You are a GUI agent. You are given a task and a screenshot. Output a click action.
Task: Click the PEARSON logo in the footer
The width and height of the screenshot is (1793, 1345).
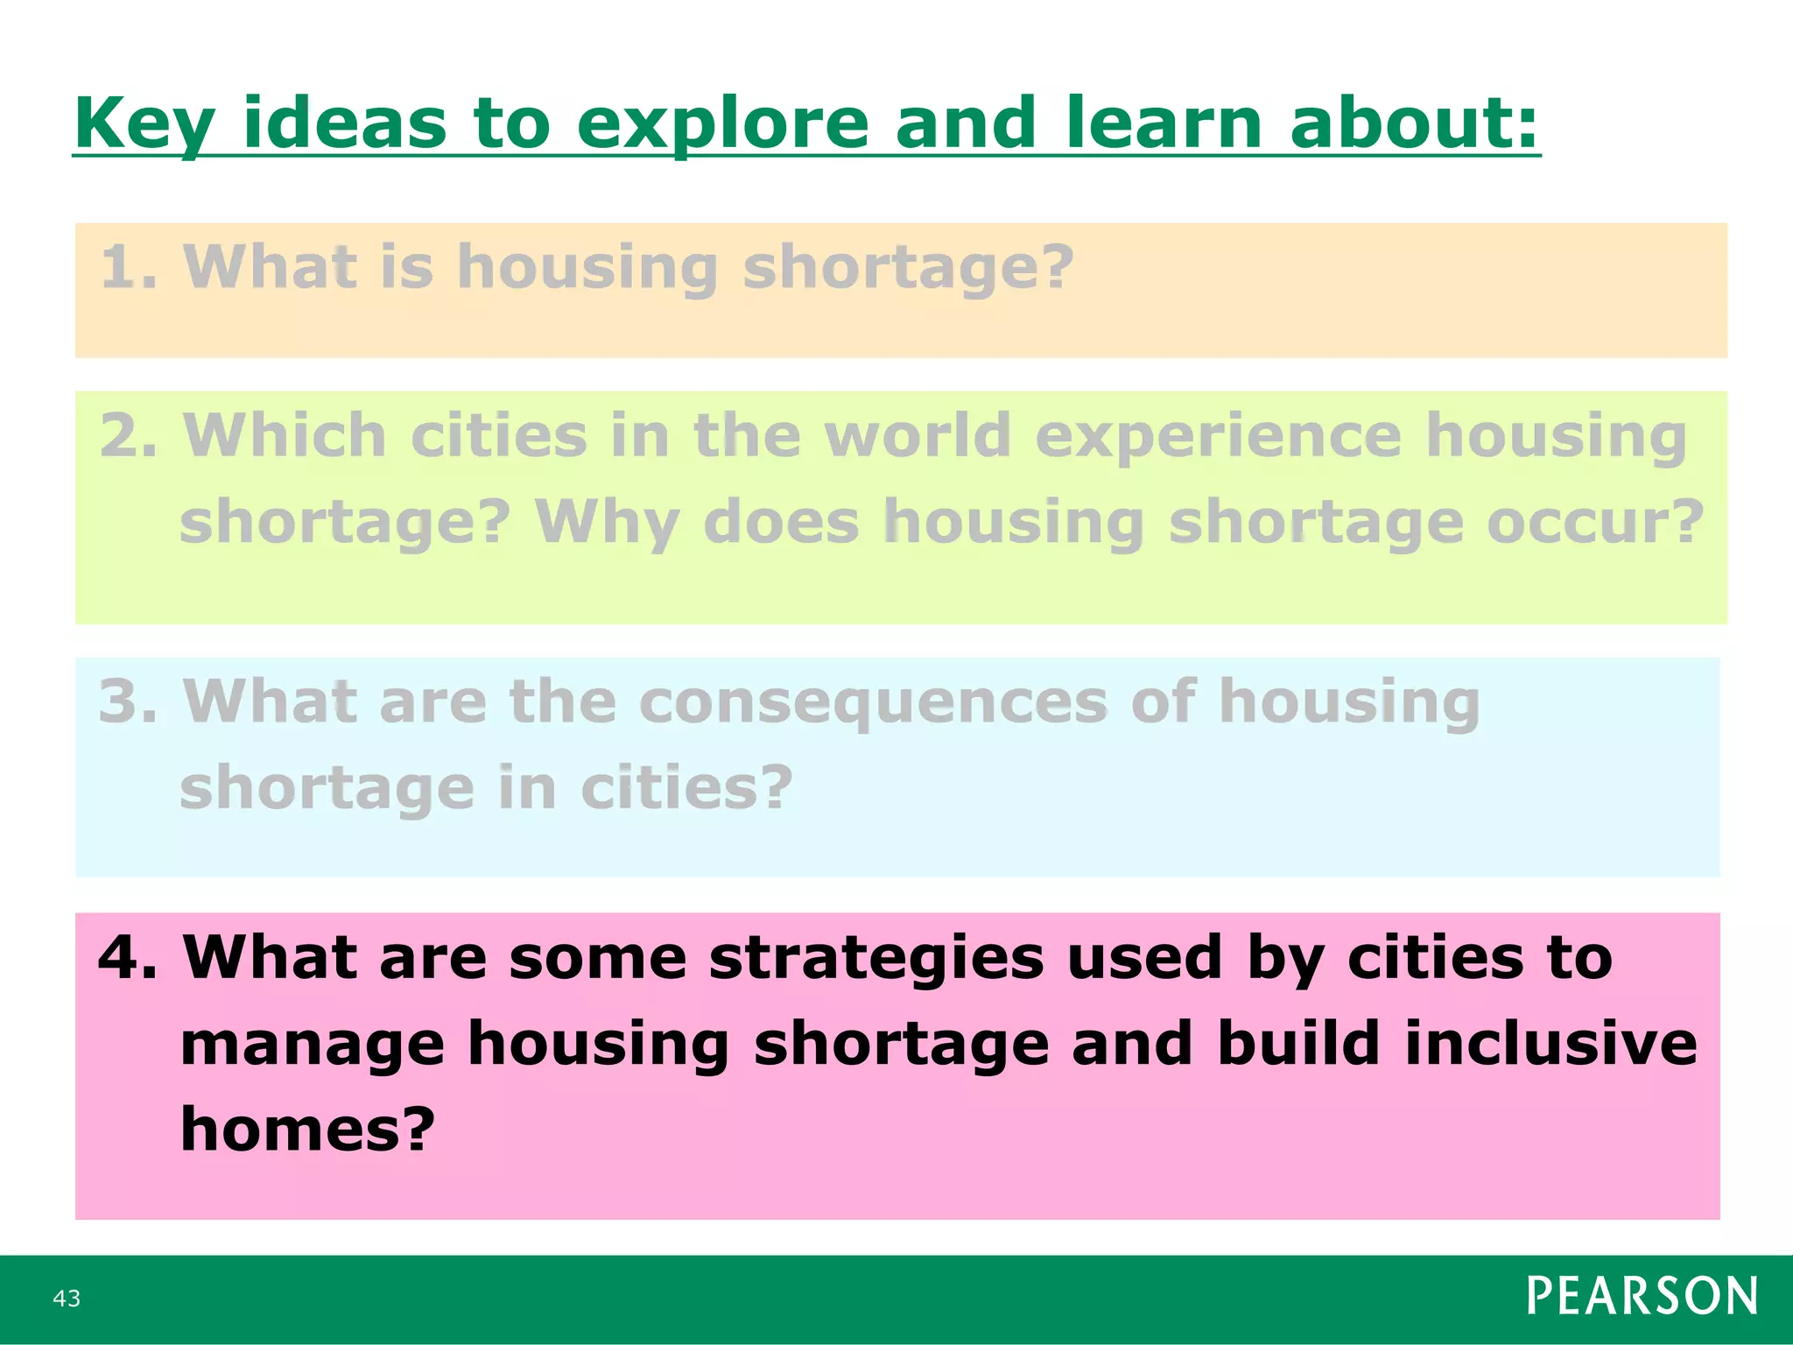point(1642,1296)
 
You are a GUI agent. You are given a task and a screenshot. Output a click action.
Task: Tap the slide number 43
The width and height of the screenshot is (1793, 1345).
point(67,1298)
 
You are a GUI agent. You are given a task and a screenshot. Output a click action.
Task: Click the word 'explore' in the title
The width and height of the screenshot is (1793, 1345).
point(722,124)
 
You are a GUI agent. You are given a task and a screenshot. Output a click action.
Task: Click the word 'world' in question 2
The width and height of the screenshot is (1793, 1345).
point(918,435)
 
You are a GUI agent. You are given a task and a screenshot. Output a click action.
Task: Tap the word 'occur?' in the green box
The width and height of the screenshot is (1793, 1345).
point(1595,522)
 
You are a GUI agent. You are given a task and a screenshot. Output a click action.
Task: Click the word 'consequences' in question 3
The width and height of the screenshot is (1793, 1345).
point(873,702)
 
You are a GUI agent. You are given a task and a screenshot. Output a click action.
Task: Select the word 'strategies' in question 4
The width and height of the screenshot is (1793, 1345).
point(876,959)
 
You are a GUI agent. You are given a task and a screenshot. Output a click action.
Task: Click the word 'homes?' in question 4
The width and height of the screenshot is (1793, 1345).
point(307,1129)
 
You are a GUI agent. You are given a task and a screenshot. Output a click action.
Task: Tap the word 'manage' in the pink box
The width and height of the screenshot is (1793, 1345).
point(313,1045)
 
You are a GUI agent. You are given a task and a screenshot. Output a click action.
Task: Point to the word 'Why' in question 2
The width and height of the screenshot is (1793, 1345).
point(607,524)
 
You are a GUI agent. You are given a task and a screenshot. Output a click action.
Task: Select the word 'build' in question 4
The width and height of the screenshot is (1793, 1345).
point(1298,1043)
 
